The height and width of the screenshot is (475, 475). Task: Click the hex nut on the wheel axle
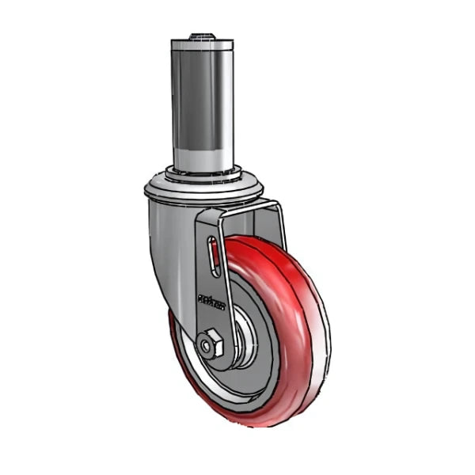(211, 345)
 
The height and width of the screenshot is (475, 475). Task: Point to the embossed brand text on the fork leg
(211, 302)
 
